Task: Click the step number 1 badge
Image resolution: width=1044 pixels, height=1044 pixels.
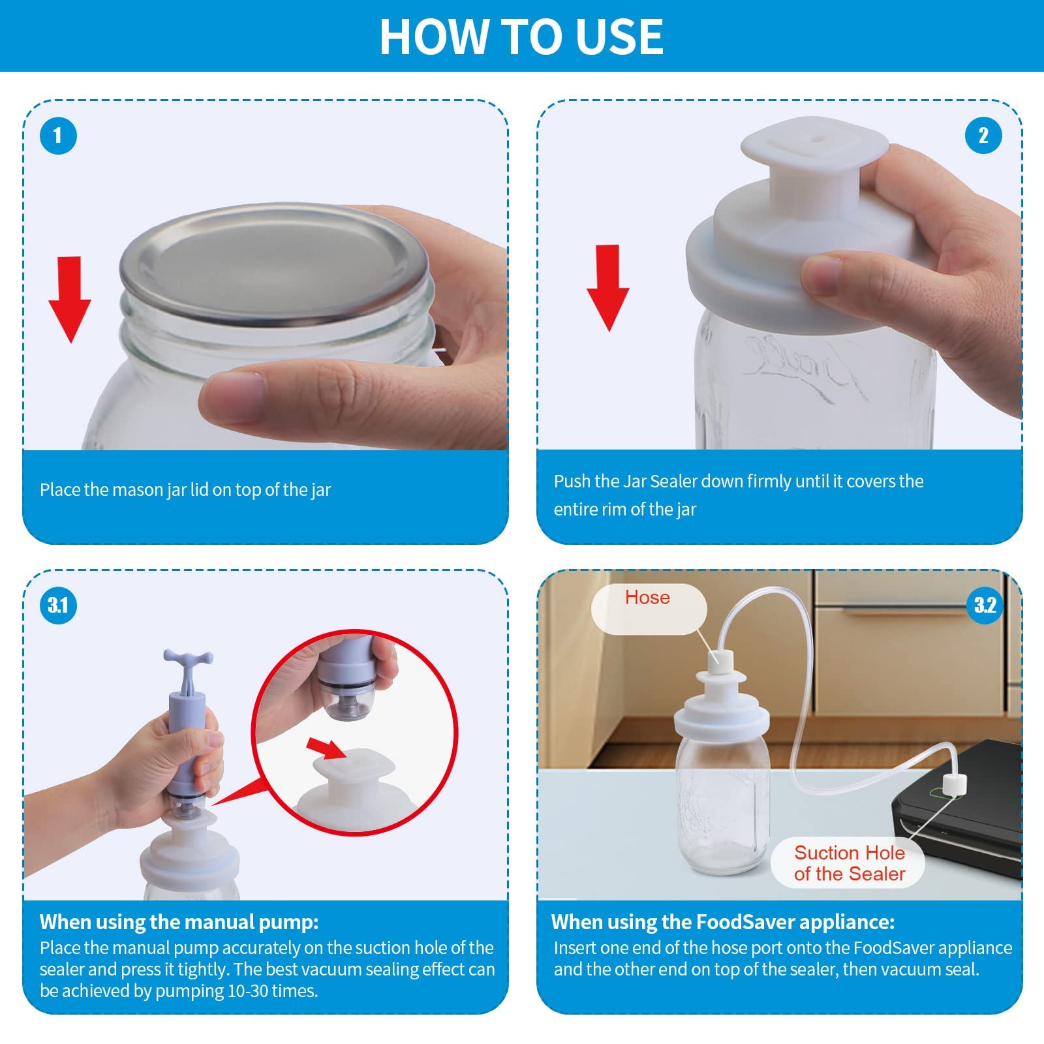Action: (x=58, y=136)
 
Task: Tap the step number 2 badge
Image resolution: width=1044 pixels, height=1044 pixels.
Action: (x=983, y=136)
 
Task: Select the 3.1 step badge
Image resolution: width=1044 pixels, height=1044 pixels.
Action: (x=58, y=605)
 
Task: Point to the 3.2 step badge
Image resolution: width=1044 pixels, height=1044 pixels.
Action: (x=985, y=605)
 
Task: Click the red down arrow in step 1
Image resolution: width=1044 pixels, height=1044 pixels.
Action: (x=70, y=299)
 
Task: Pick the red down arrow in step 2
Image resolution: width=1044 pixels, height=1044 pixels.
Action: (x=608, y=288)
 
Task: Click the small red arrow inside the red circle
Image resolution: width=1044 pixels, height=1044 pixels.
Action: (x=327, y=749)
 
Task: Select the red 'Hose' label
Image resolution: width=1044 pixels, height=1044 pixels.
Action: (x=647, y=598)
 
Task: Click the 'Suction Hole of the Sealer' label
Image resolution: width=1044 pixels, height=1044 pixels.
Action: (x=850, y=863)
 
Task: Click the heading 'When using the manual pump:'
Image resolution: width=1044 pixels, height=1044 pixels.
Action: (x=179, y=922)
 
